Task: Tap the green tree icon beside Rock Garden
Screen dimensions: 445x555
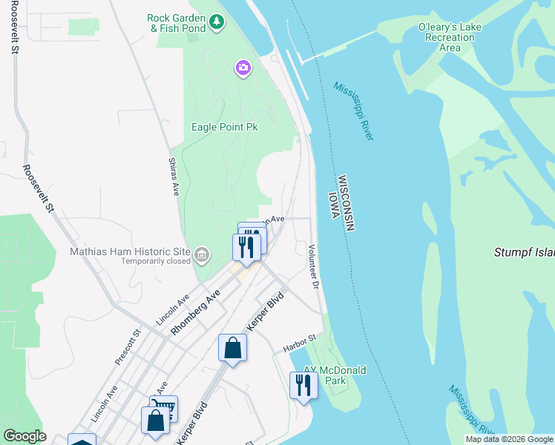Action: click(216, 22)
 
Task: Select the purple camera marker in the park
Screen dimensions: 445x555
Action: click(243, 69)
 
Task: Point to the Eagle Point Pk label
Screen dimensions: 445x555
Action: click(224, 127)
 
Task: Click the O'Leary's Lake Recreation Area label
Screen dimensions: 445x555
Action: click(450, 37)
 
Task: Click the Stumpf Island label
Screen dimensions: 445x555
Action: click(524, 252)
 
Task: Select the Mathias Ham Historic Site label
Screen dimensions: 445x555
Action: click(130, 251)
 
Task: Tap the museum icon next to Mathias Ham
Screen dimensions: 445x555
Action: click(201, 257)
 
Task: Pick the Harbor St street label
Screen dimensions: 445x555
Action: click(300, 343)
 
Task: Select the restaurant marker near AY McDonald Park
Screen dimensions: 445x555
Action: click(303, 385)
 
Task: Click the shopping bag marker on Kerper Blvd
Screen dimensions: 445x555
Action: click(232, 348)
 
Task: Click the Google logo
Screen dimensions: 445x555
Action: click(24, 436)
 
